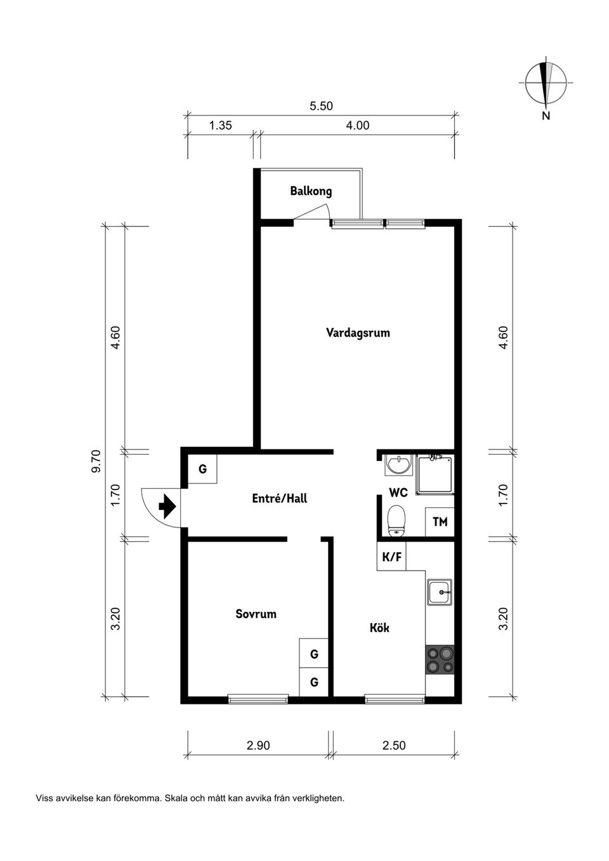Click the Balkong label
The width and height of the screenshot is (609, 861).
[311, 191]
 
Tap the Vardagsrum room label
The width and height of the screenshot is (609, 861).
[358, 333]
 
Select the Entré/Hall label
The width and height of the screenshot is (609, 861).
[279, 498]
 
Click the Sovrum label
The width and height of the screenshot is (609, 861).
[256, 614]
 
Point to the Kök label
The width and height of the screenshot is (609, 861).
[379, 628]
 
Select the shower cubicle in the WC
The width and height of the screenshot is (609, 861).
[435, 474]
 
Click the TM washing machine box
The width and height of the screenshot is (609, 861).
[440, 522]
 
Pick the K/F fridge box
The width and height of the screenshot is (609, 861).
[391, 557]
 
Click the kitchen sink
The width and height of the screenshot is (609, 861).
[439, 592]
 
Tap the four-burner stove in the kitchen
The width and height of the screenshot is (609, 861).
[440, 659]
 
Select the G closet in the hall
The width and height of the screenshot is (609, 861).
[202, 469]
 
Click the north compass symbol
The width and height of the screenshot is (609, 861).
[545, 84]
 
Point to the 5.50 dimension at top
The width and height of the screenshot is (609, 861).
[321, 107]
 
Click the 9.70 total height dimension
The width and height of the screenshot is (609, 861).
[96, 461]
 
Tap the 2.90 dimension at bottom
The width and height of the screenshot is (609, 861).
[258, 746]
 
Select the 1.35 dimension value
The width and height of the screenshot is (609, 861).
[221, 126]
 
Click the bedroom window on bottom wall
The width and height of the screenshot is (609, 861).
[258, 699]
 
